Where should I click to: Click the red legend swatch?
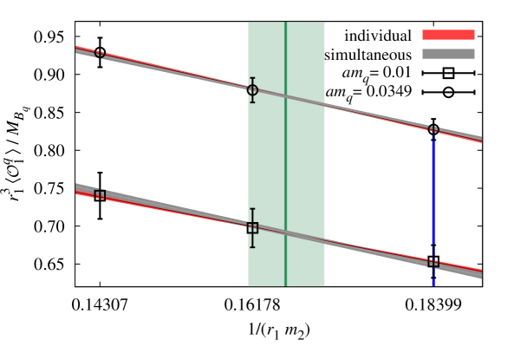tap(448, 35)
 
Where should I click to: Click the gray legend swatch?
tap(448, 54)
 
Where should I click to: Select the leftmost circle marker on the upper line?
tap(100, 53)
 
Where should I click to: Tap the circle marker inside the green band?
tap(252, 90)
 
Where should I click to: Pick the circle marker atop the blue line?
tap(433, 131)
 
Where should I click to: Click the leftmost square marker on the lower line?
tap(100, 194)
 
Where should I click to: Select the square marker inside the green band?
tap(252, 228)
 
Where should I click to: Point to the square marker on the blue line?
tap(433, 262)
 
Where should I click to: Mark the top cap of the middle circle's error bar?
tap(252, 78)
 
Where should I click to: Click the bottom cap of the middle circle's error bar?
tap(252, 102)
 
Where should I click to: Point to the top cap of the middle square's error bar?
tap(252, 209)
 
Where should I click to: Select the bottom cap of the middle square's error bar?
tap(252, 247)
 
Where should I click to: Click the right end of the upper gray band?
tap(480, 137)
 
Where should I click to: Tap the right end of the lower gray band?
tap(480, 274)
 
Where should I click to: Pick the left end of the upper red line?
tap(77, 47)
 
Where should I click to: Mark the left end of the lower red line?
tap(77, 192)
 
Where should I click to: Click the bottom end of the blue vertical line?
tap(433, 285)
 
